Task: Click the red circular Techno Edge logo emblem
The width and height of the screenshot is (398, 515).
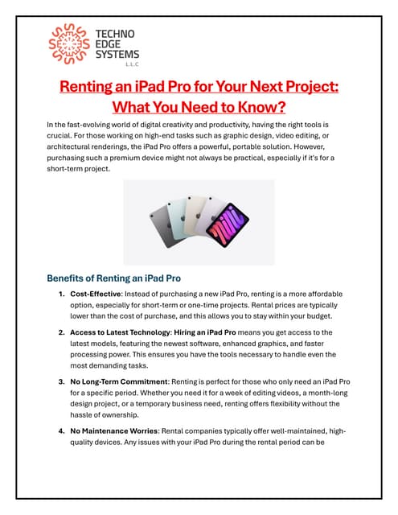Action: pos(70,45)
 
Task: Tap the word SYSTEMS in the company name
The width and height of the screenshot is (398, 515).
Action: pos(117,55)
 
